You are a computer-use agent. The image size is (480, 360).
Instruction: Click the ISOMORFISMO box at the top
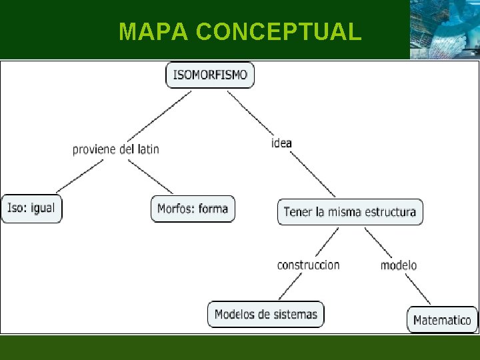[x=210, y=74]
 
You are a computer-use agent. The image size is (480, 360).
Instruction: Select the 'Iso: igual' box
[x=31, y=209]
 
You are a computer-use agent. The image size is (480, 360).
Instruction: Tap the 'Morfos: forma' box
[x=193, y=209]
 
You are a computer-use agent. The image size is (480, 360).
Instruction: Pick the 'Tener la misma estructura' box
[x=350, y=212]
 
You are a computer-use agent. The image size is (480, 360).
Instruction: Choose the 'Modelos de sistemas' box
[x=266, y=314]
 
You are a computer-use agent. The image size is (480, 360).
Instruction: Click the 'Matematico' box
[x=442, y=319]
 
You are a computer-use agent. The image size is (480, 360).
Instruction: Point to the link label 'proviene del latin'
[x=116, y=149]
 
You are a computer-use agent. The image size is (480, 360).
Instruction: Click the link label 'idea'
[x=281, y=143]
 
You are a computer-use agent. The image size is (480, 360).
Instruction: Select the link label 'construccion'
[x=308, y=265]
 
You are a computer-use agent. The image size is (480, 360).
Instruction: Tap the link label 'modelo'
[x=399, y=265]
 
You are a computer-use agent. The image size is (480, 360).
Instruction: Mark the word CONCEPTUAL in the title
[x=279, y=31]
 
